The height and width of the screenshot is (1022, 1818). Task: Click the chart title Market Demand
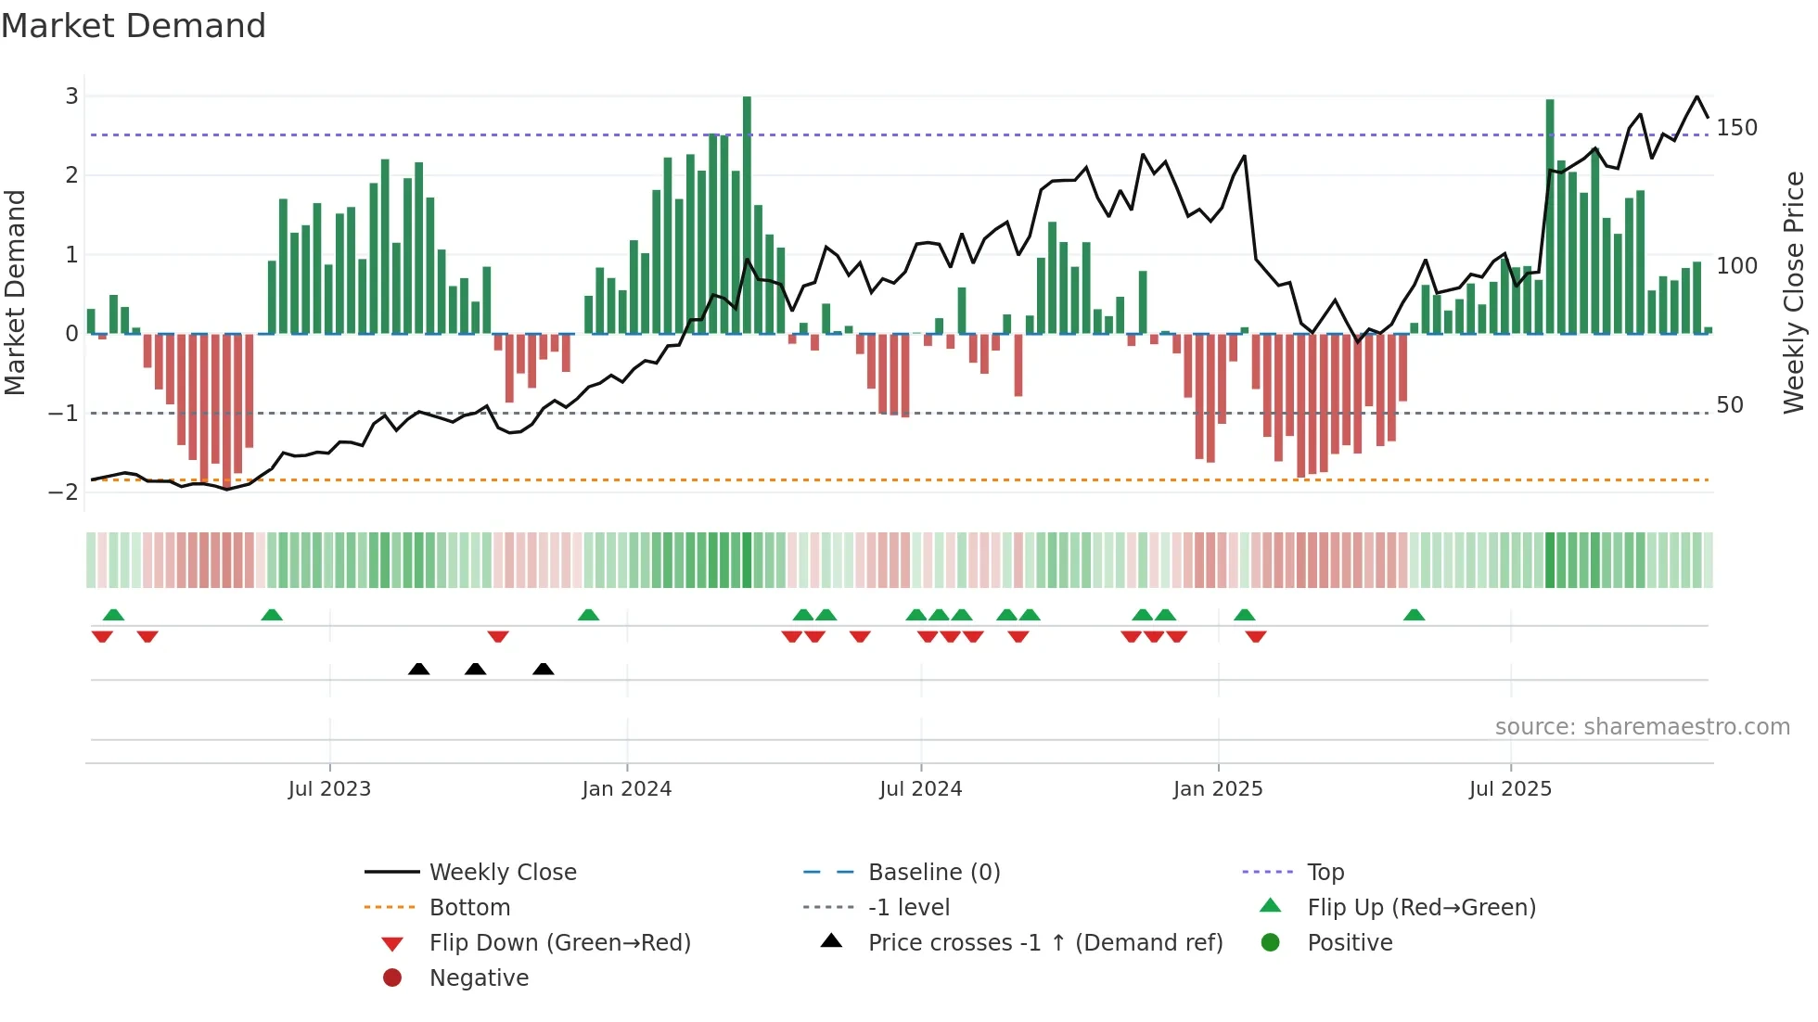(134, 25)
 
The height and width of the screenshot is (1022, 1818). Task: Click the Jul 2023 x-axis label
(329, 789)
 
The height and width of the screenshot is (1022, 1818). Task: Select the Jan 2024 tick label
(627, 789)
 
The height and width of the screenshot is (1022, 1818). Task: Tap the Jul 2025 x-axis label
(1510, 789)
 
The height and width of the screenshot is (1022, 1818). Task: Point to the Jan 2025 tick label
(1218, 789)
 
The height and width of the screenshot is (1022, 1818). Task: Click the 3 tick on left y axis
(71, 96)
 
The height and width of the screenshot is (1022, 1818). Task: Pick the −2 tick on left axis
(64, 492)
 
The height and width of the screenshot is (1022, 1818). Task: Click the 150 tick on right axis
(1736, 128)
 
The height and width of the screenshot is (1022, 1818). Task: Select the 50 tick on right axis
(1730, 405)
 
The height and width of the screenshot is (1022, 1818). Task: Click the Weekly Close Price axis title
(1794, 292)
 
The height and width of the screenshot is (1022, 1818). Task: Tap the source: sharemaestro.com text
(1642, 727)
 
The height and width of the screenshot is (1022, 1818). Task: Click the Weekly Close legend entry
(502, 873)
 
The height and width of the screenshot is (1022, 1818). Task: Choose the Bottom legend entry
(469, 908)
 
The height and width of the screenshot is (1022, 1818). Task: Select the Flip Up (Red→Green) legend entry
(1421, 908)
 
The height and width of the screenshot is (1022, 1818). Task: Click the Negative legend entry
(479, 978)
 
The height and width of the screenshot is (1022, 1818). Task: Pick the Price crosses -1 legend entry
(1044, 943)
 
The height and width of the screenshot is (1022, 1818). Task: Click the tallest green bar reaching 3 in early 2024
(747, 213)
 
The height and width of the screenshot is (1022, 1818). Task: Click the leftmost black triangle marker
(418, 669)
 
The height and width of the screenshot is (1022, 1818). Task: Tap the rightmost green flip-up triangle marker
(1414, 615)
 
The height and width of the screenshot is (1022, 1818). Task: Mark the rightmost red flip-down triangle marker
(1256, 636)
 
